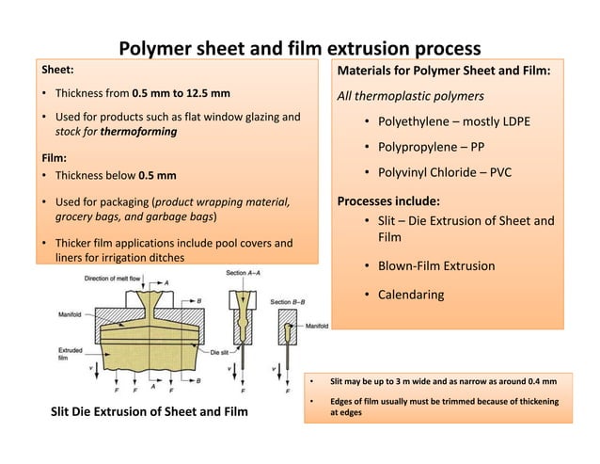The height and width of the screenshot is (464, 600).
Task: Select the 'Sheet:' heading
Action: click(x=54, y=69)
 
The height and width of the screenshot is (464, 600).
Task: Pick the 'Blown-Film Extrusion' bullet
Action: click(x=435, y=266)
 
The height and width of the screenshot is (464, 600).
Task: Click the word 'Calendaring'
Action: click(x=411, y=295)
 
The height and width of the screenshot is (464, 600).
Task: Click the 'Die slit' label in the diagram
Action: click(x=220, y=350)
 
